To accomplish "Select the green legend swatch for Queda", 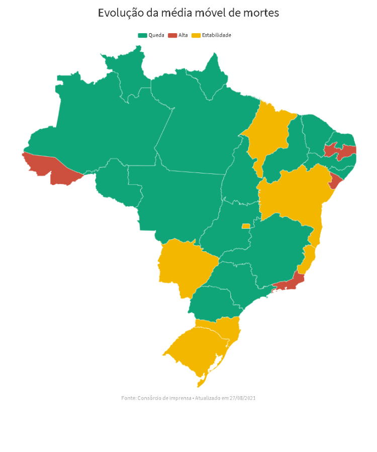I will (142, 35).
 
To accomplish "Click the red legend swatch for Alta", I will (172, 35).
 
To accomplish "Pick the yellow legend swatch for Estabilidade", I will (196, 35).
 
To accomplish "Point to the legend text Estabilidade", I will (217, 35).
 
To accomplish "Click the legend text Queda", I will (156, 35).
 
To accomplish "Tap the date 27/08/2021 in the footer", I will (243, 398).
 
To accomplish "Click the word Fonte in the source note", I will (128, 398).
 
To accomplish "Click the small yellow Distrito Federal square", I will (246, 226).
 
